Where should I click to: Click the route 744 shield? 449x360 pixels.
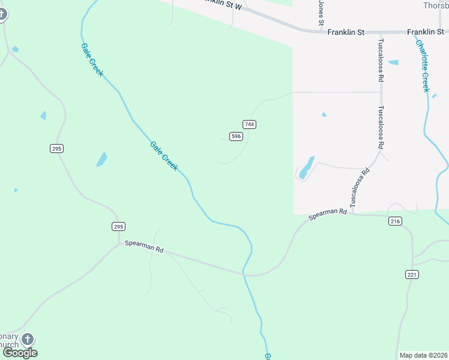coord(250,124)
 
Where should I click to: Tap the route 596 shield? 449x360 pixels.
coord(236,137)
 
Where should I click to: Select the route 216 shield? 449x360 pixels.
coord(395,221)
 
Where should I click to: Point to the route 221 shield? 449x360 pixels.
coord(412,274)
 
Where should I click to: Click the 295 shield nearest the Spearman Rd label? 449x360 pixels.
coord(118,226)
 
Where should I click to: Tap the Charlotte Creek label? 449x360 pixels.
coord(423,66)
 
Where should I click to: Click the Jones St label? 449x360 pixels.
coord(321,11)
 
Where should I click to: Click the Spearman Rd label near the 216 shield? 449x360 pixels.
coord(328,214)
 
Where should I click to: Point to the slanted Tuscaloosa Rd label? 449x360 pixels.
coord(361,188)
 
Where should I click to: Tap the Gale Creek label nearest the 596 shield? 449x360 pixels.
coord(164,155)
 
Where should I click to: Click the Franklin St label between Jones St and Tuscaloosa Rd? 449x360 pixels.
coord(346,32)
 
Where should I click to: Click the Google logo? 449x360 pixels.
coord(20,353)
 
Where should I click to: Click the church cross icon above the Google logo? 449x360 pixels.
coord(28,340)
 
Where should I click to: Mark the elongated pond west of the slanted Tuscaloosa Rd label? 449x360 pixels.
coord(306,167)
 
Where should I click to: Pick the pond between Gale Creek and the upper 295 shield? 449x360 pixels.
coord(101,160)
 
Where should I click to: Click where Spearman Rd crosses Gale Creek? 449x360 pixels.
coord(244,274)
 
